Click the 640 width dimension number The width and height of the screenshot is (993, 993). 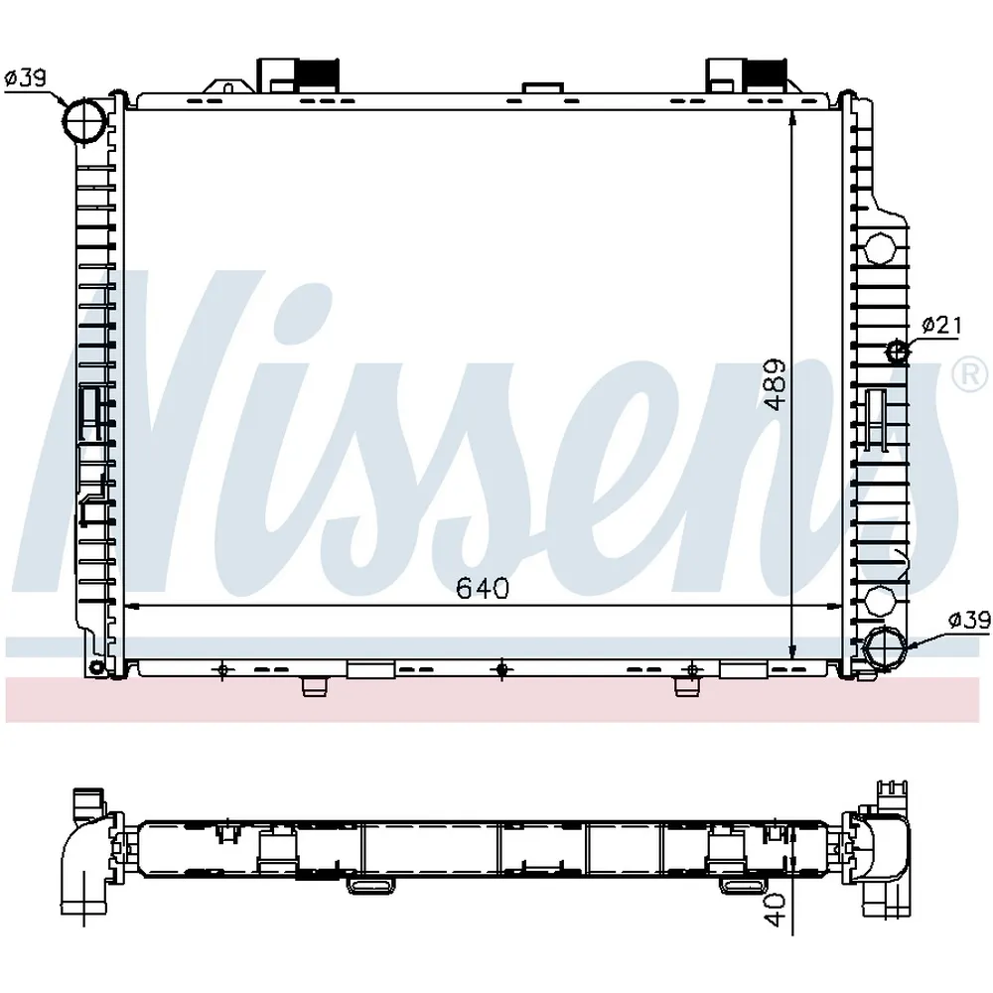483,589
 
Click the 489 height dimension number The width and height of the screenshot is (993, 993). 775,385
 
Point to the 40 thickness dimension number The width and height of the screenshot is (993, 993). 777,910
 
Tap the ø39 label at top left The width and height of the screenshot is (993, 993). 26,78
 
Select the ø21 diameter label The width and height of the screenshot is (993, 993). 941,326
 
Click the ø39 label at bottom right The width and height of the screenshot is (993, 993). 969,620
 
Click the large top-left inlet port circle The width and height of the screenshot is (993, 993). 84,120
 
